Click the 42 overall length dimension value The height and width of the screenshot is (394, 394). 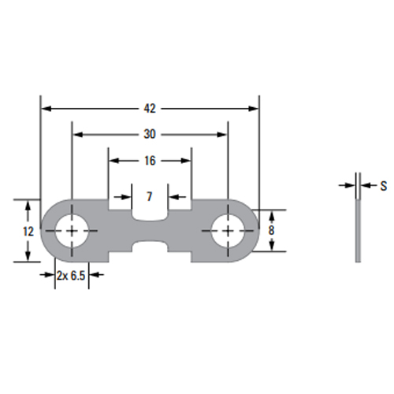[150, 109]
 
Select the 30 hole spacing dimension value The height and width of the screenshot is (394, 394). [150, 135]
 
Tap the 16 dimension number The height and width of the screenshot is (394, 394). [150, 161]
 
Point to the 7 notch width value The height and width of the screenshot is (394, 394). [150, 196]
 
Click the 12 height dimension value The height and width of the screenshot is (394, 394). [28, 232]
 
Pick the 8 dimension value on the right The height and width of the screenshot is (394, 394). [271, 230]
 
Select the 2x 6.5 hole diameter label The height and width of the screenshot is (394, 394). [71, 276]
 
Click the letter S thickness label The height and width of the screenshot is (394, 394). [384, 186]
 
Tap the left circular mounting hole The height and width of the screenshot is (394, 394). [72, 231]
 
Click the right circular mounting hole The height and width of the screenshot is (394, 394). [228, 231]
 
